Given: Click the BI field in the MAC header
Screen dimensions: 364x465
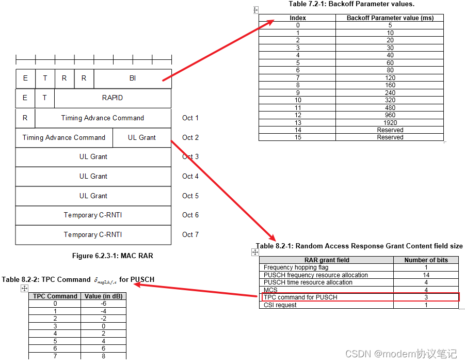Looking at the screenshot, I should tap(133, 78).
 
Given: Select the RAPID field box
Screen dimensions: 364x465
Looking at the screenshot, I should tap(113, 98).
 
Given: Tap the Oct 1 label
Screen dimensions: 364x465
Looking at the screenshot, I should tap(190, 118).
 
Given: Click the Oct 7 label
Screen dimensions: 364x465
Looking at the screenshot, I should tap(190, 234).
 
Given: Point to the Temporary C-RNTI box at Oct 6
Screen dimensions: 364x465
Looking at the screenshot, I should tap(93, 215).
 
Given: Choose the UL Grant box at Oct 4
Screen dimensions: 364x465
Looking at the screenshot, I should tap(93, 176).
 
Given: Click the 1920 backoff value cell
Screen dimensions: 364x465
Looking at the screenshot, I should tap(390, 123).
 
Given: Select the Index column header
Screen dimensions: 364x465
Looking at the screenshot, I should tap(297, 18).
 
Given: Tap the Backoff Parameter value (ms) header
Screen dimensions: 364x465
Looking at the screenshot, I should tap(390, 18).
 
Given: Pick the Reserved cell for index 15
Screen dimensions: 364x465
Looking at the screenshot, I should tap(390, 137).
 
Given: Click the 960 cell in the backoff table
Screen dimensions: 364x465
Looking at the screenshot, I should tap(390, 115).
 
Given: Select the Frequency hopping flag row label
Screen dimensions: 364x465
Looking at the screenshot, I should tap(296, 267).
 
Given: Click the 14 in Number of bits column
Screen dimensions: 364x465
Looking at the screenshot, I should tap(426, 275).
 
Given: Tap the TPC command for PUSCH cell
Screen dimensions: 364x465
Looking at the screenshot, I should tap(300, 297).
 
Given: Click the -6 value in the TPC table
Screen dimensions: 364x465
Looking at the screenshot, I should tap(103, 304).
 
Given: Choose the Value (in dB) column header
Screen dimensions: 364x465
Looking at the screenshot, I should tap(103, 296).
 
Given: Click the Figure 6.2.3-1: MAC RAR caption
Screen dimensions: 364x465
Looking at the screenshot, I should tap(113, 256).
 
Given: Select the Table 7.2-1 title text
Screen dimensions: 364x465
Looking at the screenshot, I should tap(351, 4).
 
